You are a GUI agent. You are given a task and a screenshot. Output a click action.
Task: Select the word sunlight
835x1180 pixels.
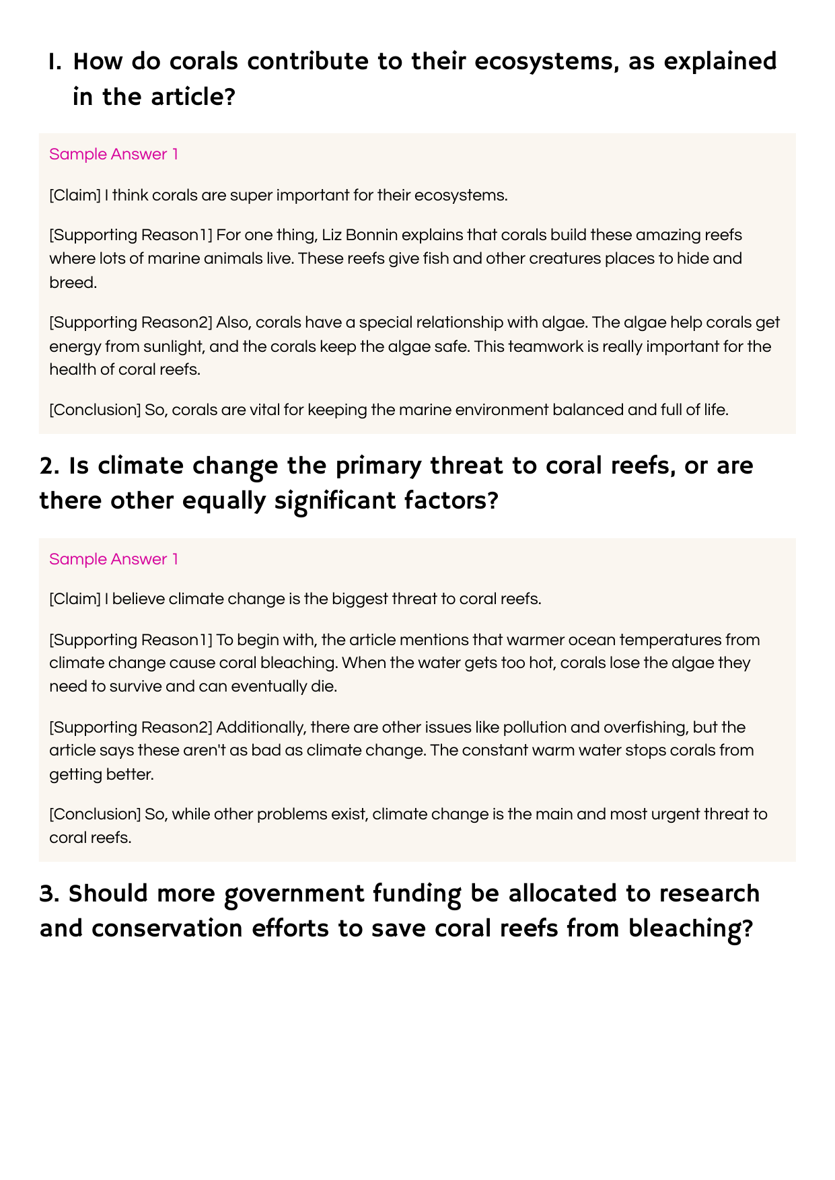173,346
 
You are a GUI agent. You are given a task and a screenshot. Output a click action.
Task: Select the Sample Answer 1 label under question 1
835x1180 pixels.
114,154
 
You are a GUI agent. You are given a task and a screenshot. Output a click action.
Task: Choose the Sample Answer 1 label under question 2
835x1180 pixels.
114,559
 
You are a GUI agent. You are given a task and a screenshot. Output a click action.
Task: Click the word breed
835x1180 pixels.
73,283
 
